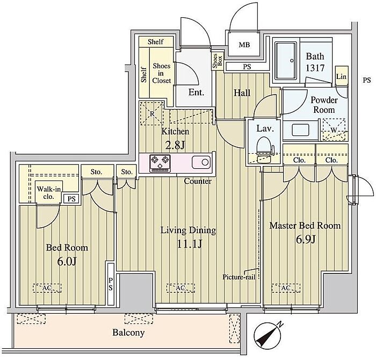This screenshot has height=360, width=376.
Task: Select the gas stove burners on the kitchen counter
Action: click(160, 163)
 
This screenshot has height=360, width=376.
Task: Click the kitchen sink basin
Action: click(201, 162)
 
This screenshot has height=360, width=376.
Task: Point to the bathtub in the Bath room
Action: click(286, 61)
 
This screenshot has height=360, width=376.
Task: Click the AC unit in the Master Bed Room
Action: click(286, 288)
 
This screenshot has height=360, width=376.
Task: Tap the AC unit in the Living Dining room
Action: click(180, 288)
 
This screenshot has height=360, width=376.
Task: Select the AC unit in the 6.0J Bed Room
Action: click(47, 288)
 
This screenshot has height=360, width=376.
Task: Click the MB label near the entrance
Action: click(244, 45)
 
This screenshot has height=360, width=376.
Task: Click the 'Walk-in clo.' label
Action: click(49, 193)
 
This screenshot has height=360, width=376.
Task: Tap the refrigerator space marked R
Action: click(152, 113)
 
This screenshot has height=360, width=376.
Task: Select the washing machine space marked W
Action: click(334, 130)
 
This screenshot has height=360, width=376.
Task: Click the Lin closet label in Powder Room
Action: click(341, 76)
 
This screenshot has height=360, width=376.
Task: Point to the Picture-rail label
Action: click(239, 277)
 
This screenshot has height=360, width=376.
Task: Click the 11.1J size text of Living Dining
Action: click(190, 244)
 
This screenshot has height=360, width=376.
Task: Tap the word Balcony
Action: click(128, 333)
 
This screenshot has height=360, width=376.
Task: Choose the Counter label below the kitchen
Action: click(198, 181)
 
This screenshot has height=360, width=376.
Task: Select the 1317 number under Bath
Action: click(315, 68)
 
